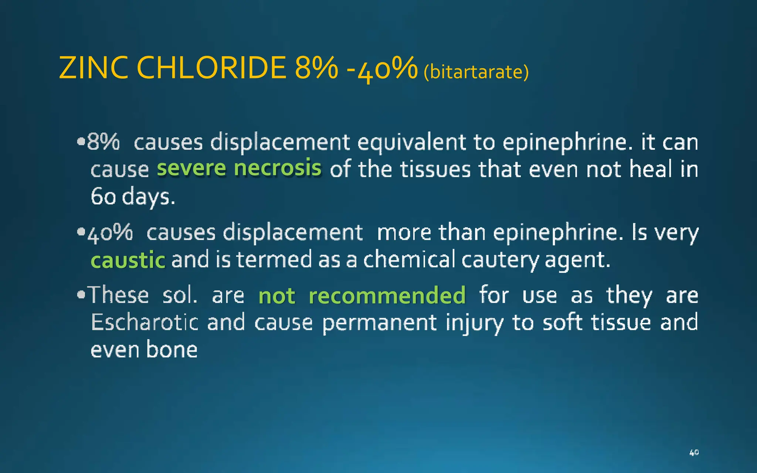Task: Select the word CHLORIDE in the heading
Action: tap(211, 68)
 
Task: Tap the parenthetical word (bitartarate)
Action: tap(476, 72)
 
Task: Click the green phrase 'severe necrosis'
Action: tap(239, 168)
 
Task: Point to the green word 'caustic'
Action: tap(128, 260)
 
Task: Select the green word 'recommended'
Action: tap(387, 296)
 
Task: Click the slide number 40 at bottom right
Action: tap(694, 452)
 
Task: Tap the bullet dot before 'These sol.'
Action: tap(81, 295)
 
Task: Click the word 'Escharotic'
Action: tap(145, 322)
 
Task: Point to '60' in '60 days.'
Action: tap(103, 196)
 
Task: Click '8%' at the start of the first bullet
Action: tap(103, 142)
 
